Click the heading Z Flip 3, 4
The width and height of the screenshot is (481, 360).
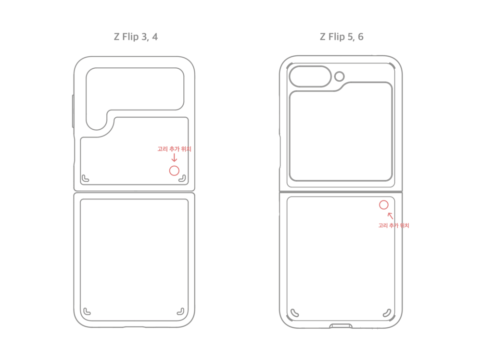136,37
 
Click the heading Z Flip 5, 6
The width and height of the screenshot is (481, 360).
342,37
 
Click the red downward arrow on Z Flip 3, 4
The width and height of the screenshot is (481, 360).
174,158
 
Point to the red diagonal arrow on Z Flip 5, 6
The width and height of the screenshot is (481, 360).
390,216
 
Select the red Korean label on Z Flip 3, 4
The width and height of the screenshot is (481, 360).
174,149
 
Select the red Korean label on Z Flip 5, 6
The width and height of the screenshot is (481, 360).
393,225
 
